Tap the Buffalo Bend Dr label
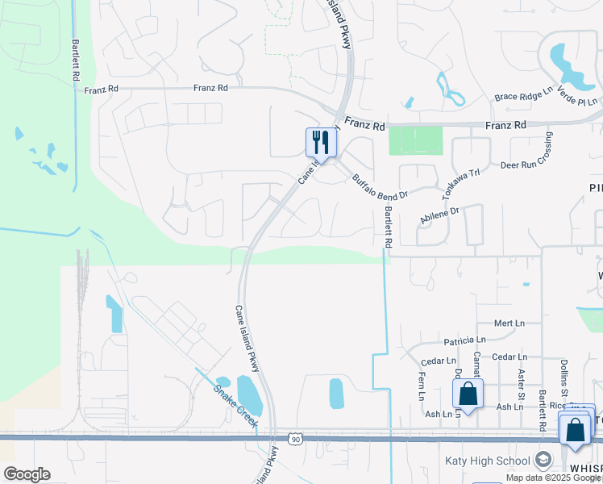click(x=381, y=184)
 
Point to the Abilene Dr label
click(x=439, y=214)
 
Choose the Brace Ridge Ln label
click(x=523, y=95)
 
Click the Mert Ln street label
click(x=509, y=323)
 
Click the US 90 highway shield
click(x=296, y=439)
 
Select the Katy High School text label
click(x=487, y=461)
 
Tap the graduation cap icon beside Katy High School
click(x=543, y=461)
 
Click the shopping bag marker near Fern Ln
click(x=468, y=394)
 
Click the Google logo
click(x=27, y=474)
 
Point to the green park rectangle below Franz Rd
click(x=416, y=141)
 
